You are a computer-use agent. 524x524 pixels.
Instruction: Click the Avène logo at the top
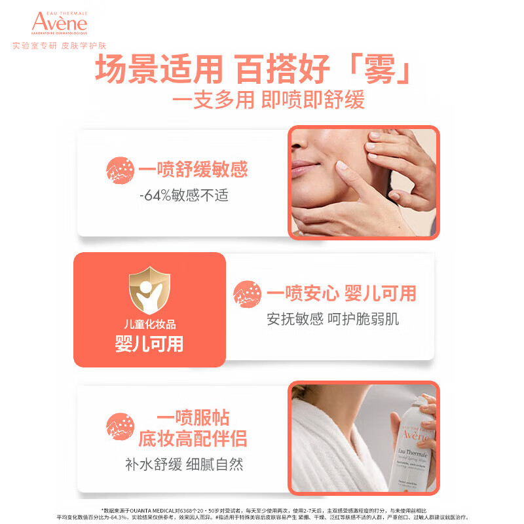59,22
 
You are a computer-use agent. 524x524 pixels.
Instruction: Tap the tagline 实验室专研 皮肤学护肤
60,47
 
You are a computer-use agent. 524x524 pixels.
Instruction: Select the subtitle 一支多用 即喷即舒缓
267,100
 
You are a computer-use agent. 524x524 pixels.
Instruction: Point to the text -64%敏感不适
183,195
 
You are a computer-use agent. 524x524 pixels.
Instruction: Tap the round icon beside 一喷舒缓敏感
120,170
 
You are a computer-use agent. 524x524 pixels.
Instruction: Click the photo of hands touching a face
364,182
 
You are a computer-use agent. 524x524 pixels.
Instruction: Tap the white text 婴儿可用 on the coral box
149,344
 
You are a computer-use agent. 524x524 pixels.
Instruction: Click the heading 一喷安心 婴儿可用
341,293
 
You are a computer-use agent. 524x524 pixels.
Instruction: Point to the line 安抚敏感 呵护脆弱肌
333,319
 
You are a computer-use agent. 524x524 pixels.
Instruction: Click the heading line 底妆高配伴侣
192,438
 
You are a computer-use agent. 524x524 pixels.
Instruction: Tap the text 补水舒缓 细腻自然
184,464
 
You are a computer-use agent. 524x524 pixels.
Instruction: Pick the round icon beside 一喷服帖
120,426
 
